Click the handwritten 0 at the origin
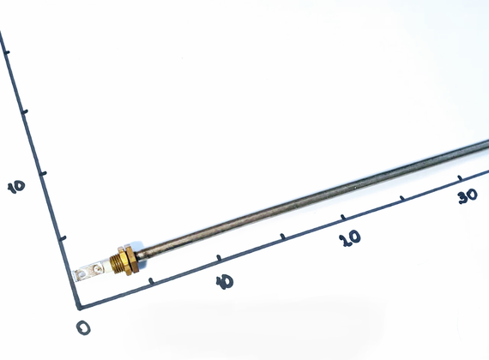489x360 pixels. (83, 327)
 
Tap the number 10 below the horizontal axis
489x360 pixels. (225, 282)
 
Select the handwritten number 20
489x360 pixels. (350, 238)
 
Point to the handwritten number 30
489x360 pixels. (468, 196)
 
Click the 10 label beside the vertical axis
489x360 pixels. (16, 187)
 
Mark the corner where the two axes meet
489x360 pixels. (80, 308)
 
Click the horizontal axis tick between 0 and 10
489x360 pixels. (151, 281)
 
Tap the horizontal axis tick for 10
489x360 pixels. (219, 258)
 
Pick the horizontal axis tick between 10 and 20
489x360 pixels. (283, 237)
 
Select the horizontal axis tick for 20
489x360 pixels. (343, 217)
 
